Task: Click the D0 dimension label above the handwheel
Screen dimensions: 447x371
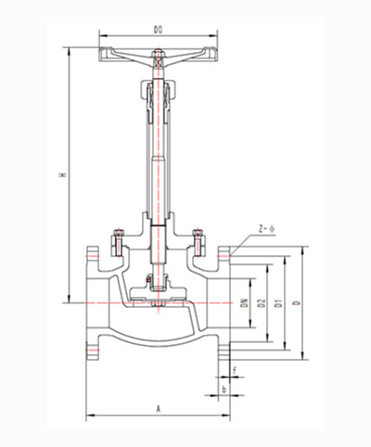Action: (x=158, y=30)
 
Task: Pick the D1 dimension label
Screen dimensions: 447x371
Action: (x=279, y=302)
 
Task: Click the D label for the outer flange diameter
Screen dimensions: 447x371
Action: (x=296, y=302)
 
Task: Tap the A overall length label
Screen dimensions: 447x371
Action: (x=158, y=408)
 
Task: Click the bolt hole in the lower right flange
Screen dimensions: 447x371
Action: (x=224, y=351)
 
